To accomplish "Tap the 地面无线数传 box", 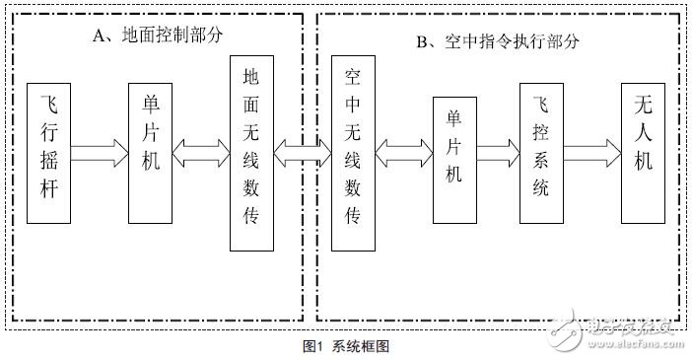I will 249,154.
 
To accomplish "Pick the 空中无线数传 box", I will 354,154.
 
